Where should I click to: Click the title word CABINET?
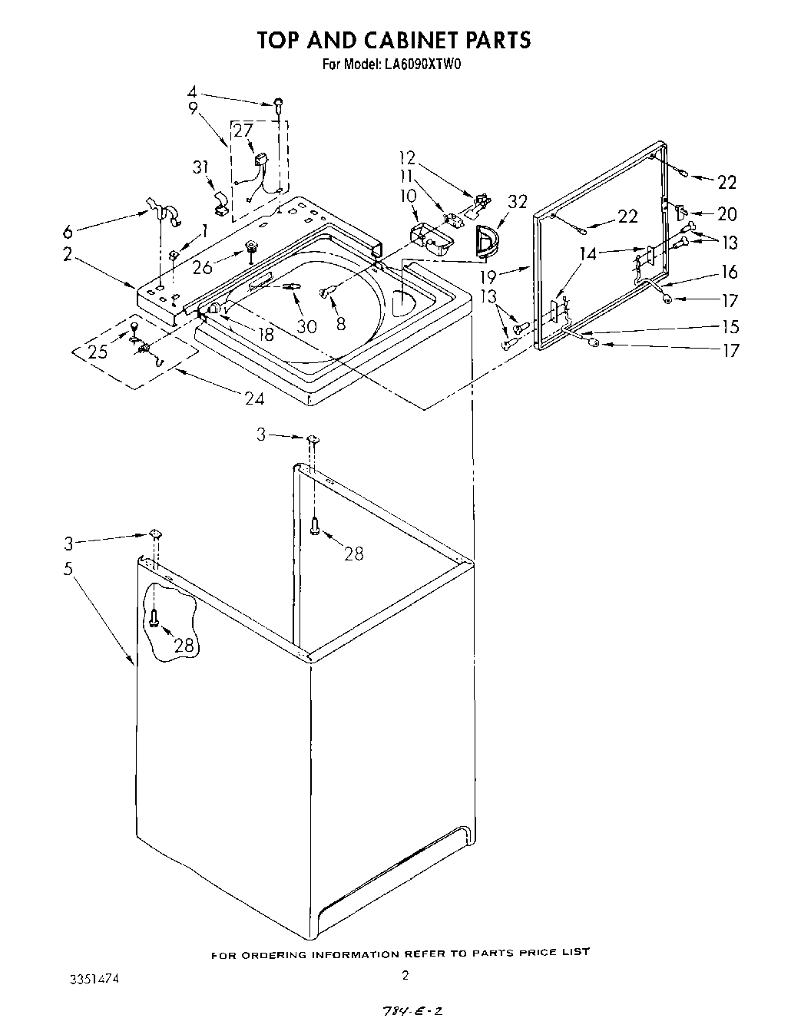point(412,39)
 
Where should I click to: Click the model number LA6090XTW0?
point(421,65)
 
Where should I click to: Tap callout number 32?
point(518,202)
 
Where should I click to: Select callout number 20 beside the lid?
point(726,214)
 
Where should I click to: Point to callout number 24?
point(254,398)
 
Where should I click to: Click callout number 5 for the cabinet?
point(68,569)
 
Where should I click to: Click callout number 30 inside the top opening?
point(306,326)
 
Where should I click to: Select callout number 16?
point(729,272)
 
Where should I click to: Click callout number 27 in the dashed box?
point(243,131)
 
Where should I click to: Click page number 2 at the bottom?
point(405,976)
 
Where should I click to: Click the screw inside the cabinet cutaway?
point(155,617)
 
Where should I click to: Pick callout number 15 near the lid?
point(730,326)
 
